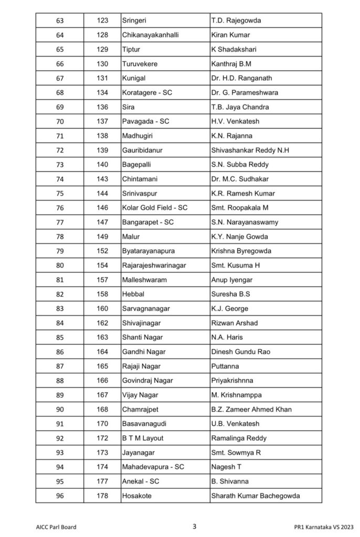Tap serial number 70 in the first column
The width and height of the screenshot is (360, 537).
pyautogui.click(x=59, y=121)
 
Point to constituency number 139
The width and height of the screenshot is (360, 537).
pyautogui.click(x=102, y=150)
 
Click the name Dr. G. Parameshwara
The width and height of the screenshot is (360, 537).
pyautogui.click(x=245, y=92)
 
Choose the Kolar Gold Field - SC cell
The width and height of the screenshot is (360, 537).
pyautogui.click(x=154, y=208)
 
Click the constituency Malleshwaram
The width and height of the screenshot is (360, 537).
pyautogui.click(x=144, y=280)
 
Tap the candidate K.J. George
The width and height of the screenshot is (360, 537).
pyautogui.click(x=229, y=308)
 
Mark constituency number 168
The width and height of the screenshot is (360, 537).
pyautogui.click(x=102, y=409)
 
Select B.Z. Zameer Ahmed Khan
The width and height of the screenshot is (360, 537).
pyautogui.click(x=251, y=409)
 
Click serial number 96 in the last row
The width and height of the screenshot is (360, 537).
pyautogui.click(x=59, y=496)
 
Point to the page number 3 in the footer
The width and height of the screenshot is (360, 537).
pyautogui.click(x=194, y=526)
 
